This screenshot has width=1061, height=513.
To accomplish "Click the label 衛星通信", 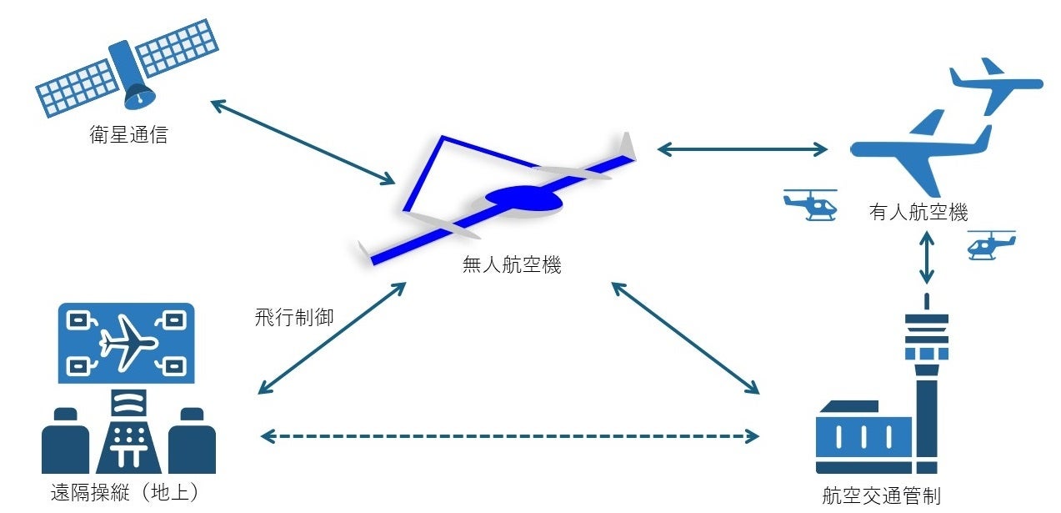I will pos(128,134).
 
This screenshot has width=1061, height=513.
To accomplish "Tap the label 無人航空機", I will pos(512,266).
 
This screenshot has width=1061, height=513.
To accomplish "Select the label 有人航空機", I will pos(918,213).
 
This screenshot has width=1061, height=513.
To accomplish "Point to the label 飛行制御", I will pos(294,317).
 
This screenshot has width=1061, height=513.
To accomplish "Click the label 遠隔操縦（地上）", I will pos(125,493).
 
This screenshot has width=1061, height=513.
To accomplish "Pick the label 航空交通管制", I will pos(880,495).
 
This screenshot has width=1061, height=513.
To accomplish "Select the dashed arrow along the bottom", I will pos(509,435).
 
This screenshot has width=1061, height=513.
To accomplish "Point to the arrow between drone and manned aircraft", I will pos(742,150).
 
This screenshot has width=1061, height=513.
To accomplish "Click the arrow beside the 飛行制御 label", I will pos(332,338).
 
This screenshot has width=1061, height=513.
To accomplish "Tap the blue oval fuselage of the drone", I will pos(523,198).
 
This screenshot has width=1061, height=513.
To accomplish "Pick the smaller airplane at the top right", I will pos(995,84).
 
